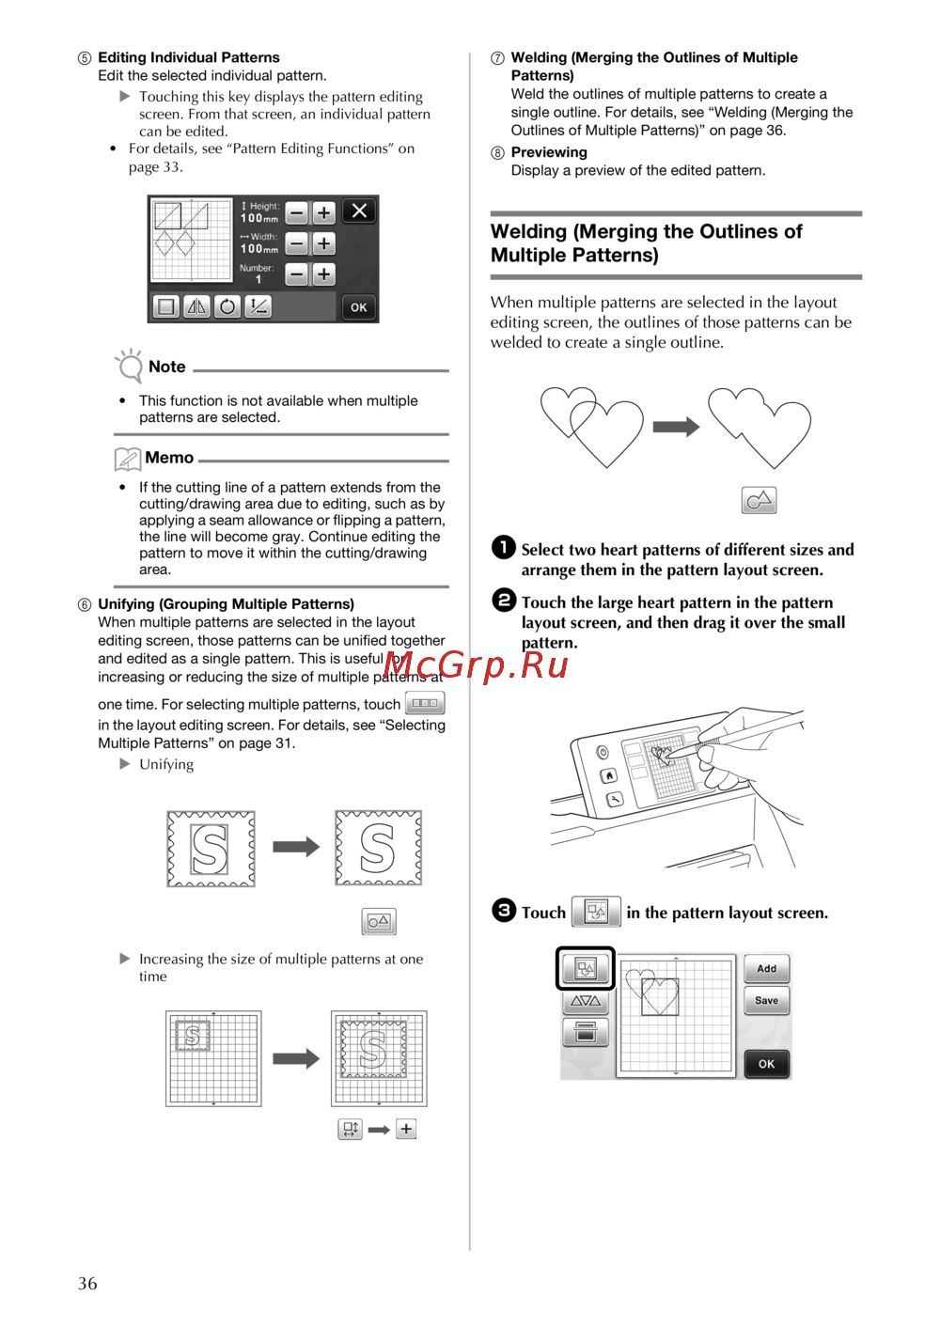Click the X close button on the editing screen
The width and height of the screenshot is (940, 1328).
tap(359, 211)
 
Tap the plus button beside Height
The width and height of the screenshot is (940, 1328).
tap(323, 213)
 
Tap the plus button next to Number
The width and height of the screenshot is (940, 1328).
tap(323, 274)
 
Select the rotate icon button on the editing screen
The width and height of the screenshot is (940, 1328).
tap(227, 306)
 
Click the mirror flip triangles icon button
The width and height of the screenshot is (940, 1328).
tap(196, 306)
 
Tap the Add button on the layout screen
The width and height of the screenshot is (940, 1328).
tap(766, 969)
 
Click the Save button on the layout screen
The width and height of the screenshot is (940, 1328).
tap(766, 1001)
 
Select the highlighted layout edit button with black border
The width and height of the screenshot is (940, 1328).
tap(585, 968)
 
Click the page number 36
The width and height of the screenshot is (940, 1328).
tap(87, 1284)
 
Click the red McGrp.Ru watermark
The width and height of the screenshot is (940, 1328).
tap(477, 665)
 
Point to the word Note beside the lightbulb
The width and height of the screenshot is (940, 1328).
tap(166, 367)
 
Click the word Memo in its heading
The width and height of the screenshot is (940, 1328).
tap(169, 458)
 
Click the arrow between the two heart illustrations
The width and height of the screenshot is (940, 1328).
tap(676, 428)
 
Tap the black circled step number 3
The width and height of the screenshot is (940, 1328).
tap(504, 910)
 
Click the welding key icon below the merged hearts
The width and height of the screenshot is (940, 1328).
tap(759, 500)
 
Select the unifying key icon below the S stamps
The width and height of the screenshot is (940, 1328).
tap(379, 921)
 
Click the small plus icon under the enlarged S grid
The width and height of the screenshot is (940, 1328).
tap(406, 1129)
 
